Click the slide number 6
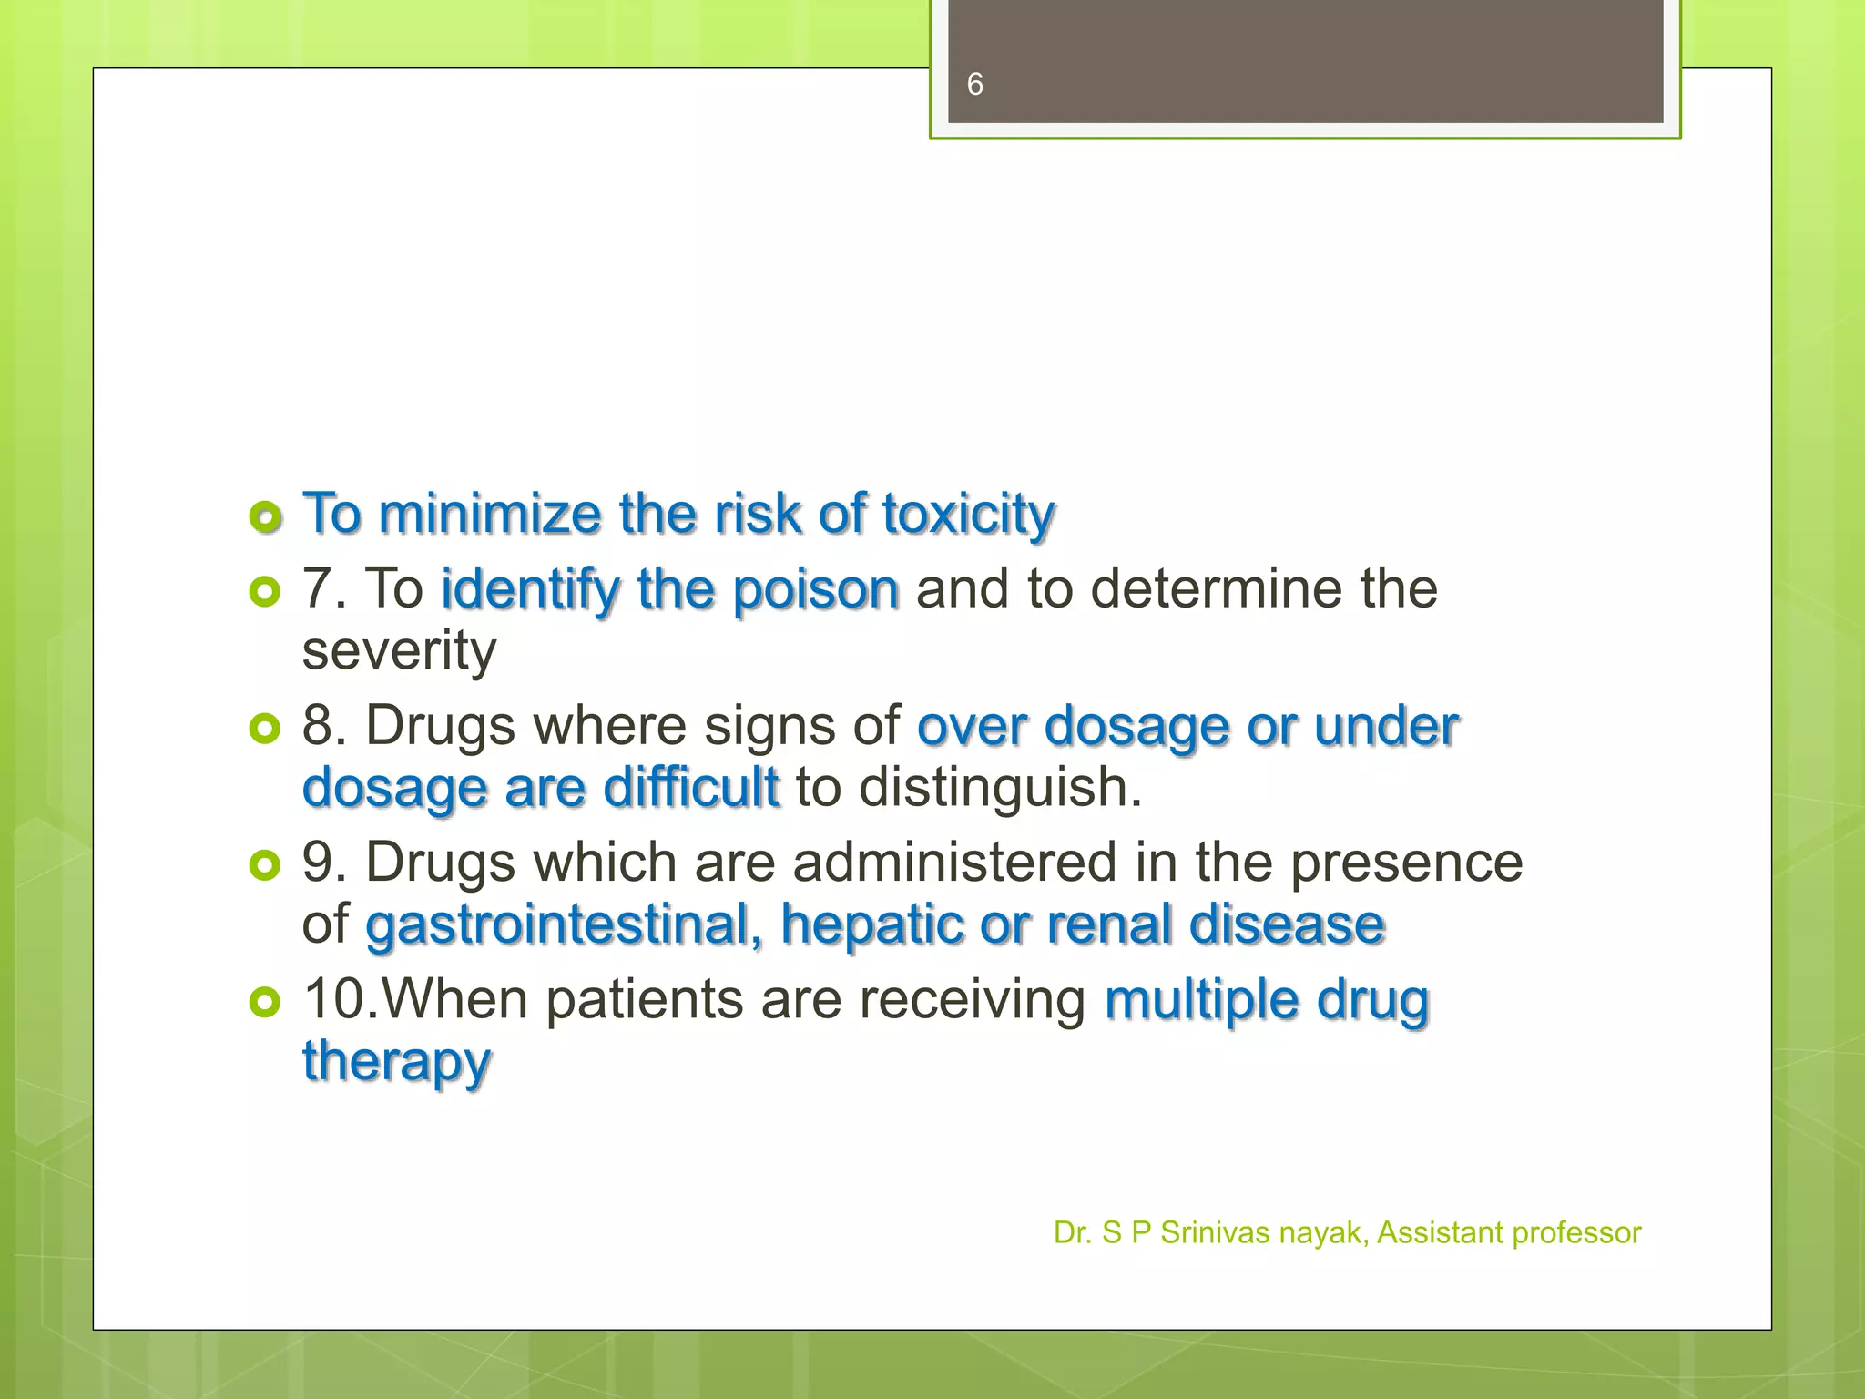974,85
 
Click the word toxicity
968,515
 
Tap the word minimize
489,514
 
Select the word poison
816,589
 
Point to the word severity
399,651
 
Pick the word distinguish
999,788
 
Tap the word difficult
691,787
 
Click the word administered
954,863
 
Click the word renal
1108,925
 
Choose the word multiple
1201,1000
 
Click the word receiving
972,1000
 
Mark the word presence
1406,863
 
